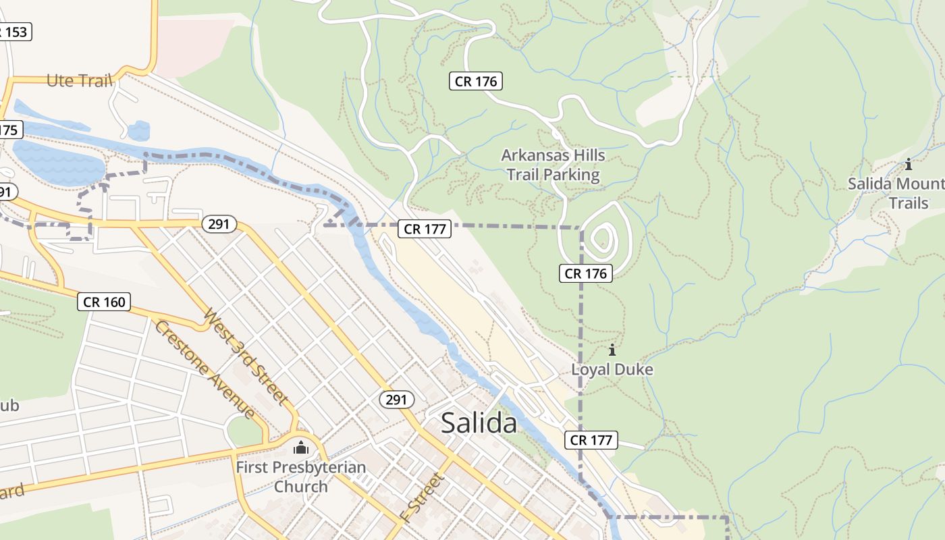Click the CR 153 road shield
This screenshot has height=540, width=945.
tap(15, 32)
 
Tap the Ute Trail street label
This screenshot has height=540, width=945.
tap(79, 81)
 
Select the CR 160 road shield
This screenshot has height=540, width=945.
tap(105, 302)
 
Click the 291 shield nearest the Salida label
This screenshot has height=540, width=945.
tap(396, 400)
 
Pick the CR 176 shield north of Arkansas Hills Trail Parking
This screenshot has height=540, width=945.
tap(476, 82)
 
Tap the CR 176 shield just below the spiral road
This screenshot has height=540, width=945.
tap(586, 273)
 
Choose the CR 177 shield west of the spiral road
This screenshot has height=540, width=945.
tap(425, 229)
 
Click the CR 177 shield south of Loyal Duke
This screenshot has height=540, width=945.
tap(591, 440)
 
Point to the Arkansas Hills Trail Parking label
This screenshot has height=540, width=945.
tap(553, 165)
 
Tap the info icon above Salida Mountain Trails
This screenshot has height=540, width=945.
tap(909, 164)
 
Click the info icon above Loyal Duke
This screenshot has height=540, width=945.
tap(612, 350)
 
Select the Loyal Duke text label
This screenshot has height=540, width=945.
tap(612, 370)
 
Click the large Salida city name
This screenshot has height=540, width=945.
tap(479, 423)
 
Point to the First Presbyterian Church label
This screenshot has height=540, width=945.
tap(301, 477)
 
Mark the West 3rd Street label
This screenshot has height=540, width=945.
tap(247, 356)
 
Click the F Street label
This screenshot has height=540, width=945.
tap(423, 497)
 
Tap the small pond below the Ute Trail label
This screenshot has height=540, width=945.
tap(138, 130)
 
